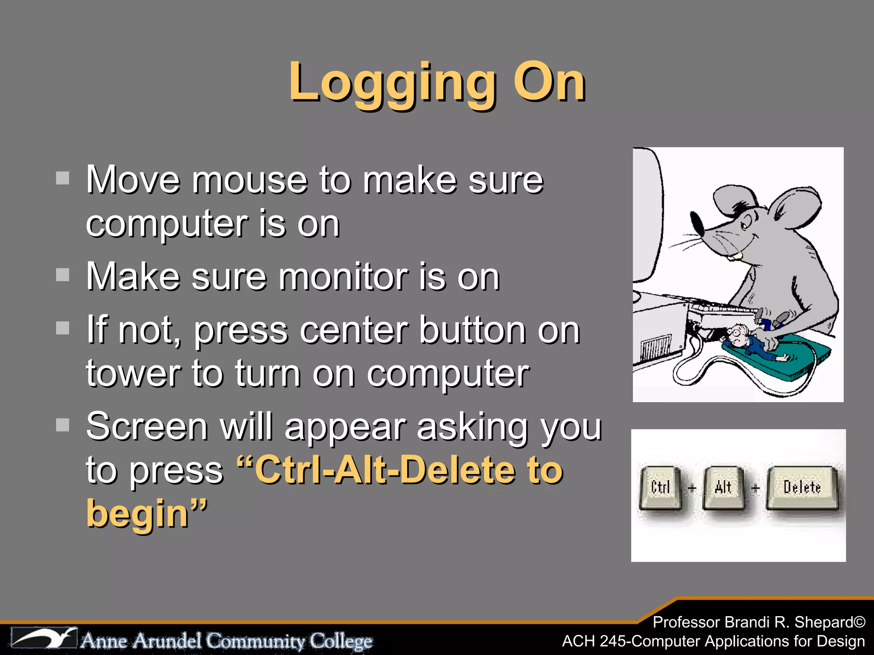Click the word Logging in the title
click(x=393, y=83)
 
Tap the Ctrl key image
click(x=660, y=488)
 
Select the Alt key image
click(x=723, y=488)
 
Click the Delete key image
click(x=802, y=488)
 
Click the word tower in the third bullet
click(x=133, y=374)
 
